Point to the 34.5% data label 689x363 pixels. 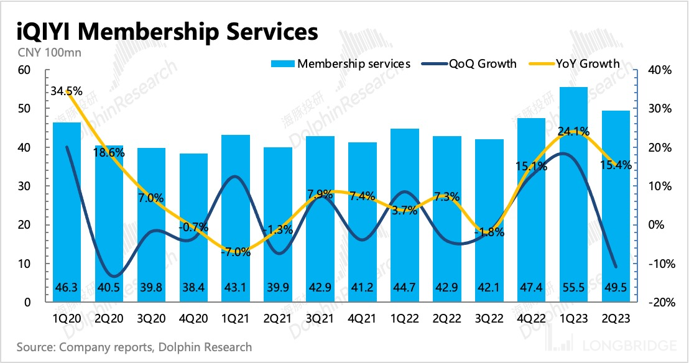pyautogui.click(x=65, y=91)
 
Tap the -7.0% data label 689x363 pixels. pyautogui.click(x=237, y=252)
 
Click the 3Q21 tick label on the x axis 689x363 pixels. pyautogui.click(x=320, y=318)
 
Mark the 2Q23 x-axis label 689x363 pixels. pyautogui.click(x=616, y=318)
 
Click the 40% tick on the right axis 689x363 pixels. pyautogui.click(x=658, y=70)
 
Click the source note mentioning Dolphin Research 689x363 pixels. pyautogui.click(x=134, y=347)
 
